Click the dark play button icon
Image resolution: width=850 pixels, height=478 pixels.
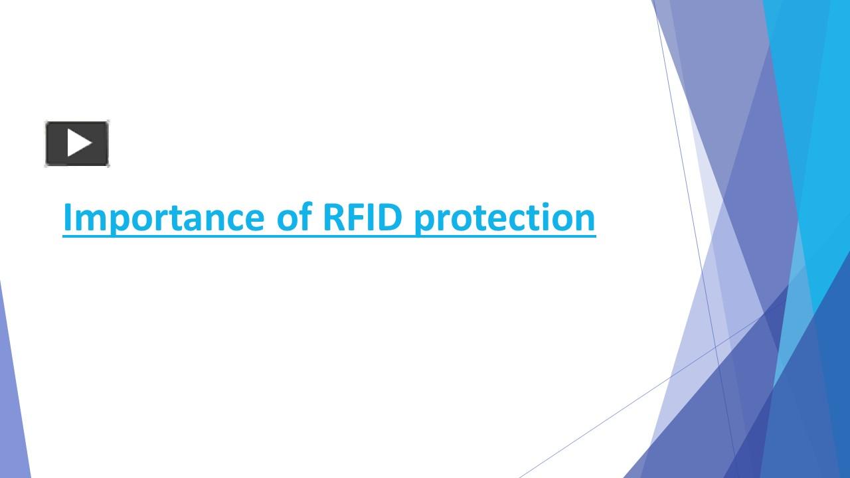pyautogui.click(x=77, y=143)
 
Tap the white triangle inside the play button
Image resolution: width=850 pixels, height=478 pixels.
pyautogui.click(x=78, y=143)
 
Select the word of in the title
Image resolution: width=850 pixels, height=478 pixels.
pyautogui.click(x=293, y=218)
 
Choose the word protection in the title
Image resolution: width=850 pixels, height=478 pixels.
pyautogui.click(x=505, y=218)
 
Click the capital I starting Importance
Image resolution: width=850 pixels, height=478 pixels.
pyautogui.click(x=67, y=218)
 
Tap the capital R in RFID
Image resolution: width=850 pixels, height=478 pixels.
pyautogui.click(x=333, y=218)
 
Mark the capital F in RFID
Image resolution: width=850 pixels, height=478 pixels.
pyautogui.click(x=355, y=218)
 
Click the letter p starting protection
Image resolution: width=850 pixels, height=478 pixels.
pyautogui.click(x=424, y=220)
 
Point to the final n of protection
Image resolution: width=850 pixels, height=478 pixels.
pyautogui.click(x=585, y=220)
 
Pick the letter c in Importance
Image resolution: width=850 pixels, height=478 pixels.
pyautogui.click(x=233, y=220)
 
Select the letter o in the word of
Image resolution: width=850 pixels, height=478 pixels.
pyautogui.click(x=286, y=220)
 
